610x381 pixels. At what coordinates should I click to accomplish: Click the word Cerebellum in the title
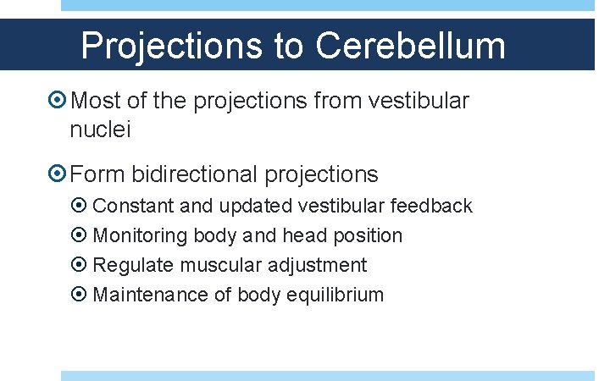tap(411, 46)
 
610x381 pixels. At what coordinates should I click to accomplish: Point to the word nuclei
tap(101, 131)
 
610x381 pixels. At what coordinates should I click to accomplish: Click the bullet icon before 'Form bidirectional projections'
tap(58, 175)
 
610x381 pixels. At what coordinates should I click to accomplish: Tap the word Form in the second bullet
tap(96, 175)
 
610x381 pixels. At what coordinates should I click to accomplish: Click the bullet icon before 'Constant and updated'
tap(80, 207)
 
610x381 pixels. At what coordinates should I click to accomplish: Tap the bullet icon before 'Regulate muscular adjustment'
tap(80, 266)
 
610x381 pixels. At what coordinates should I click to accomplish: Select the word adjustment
tap(318, 266)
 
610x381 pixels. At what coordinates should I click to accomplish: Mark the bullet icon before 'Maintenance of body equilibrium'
tap(80, 295)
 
